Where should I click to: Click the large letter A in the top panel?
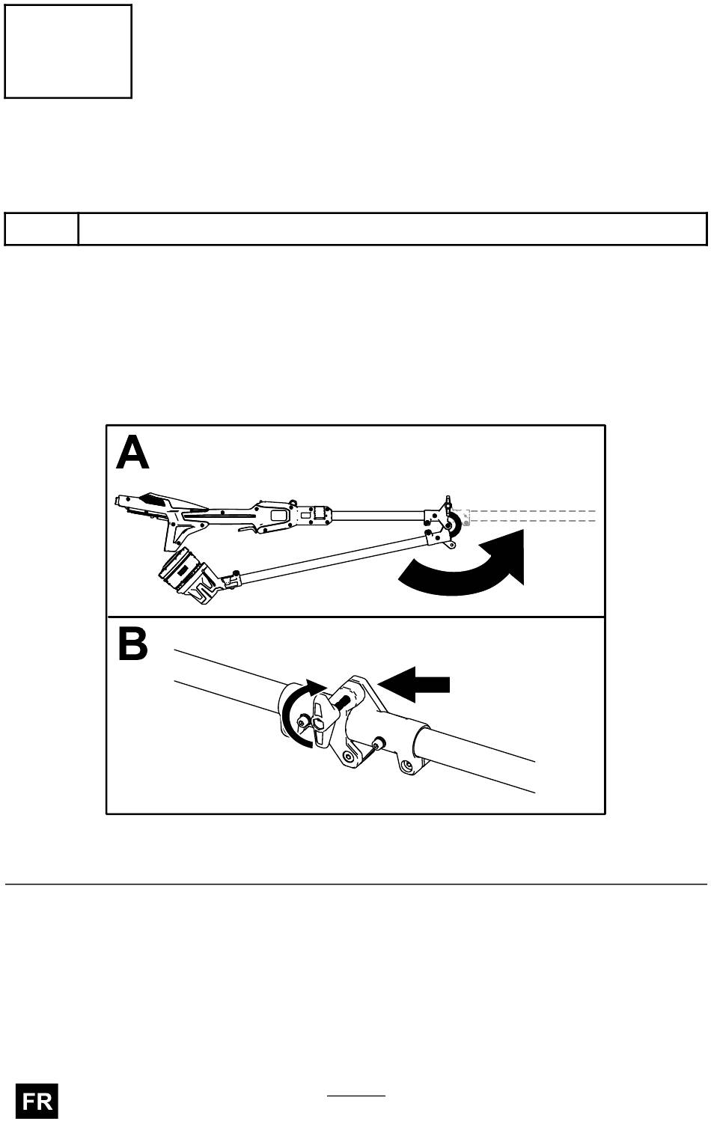pyautogui.click(x=132, y=453)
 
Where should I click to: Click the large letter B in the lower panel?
pyautogui.click(x=132, y=645)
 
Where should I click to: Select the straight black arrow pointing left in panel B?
pyautogui.click(x=415, y=685)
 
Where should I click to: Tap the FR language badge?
pyautogui.click(x=37, y=1102)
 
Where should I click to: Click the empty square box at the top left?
pyautogui.click(x=68, y=51)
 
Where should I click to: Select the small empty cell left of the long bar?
pyautogui.click(x=41, y=229)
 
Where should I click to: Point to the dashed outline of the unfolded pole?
pyautogui.click(x=531, y=516)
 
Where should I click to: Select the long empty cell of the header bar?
pyautogui.click(x=392, y=229)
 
